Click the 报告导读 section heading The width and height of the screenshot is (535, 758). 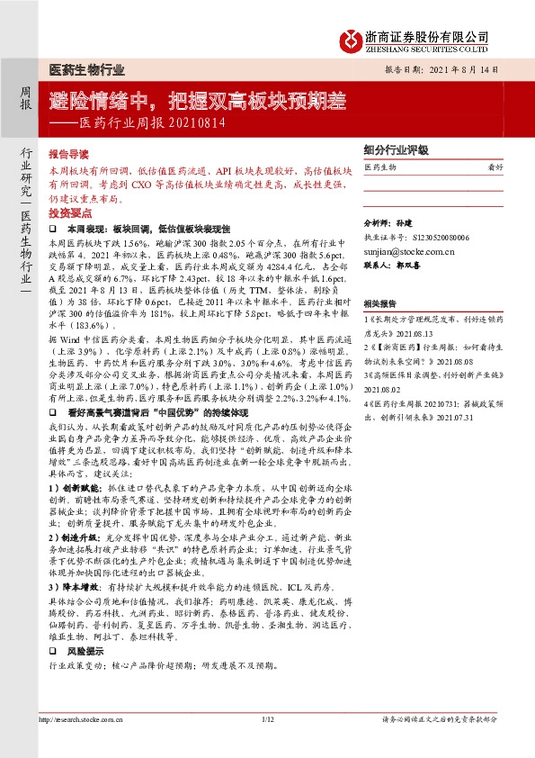click(x=68, y=154)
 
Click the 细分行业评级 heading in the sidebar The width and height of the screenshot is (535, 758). click(x=395, y=151)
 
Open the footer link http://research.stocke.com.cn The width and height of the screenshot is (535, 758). click(x=85, y=744)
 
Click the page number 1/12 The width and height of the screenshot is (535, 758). click(x=266, y=744)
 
